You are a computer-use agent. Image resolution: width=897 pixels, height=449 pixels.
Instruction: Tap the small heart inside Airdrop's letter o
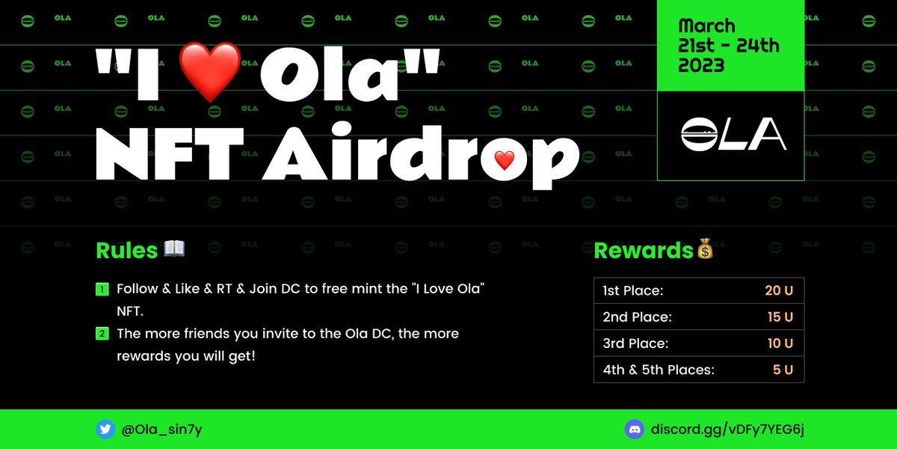(505, 159)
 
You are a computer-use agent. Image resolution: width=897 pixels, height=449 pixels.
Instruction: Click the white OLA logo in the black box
(733, 135)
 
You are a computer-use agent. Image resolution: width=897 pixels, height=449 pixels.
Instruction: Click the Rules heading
(126, 250)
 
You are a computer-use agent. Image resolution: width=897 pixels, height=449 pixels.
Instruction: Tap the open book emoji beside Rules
(174, 248)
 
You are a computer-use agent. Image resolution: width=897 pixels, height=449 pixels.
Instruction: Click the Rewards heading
(643, 250)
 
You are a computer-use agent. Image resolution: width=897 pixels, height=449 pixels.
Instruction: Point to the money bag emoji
(705, 249)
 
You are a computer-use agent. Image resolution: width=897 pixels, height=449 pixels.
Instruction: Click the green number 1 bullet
(102, 289)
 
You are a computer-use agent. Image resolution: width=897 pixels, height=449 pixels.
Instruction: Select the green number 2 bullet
(102, 333)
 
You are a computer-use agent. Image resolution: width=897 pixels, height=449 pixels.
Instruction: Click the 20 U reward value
(778, 290)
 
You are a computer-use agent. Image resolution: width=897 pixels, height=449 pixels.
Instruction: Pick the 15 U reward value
(780, 317)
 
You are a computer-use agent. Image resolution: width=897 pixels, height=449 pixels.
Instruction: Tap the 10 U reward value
(780, 343)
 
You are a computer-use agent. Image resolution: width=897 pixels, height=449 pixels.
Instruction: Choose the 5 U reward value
(783, 370)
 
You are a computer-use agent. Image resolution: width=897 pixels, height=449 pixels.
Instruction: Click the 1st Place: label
(632, 290)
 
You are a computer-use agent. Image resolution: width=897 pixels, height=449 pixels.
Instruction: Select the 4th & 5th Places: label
(658, 370)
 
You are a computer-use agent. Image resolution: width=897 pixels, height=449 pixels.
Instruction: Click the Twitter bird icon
(105, 430)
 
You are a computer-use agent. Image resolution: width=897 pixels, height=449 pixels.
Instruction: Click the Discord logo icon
(634, 430)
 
